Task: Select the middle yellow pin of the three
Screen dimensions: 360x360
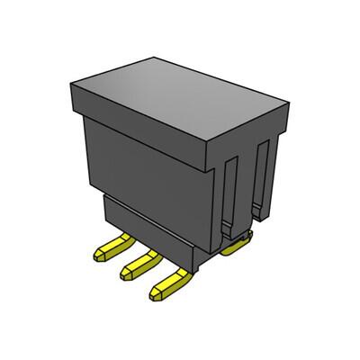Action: (142, 263)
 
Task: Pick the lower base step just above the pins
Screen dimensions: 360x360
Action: (148, 229)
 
